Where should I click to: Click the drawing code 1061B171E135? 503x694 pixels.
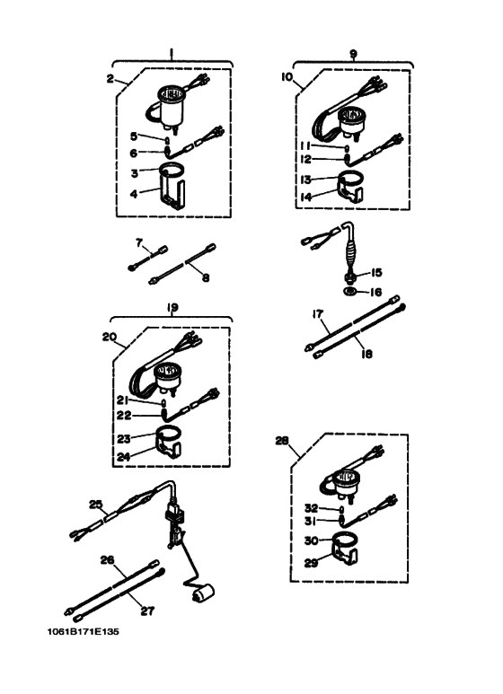click(84, 631)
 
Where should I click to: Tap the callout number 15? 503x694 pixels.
click(376, 272)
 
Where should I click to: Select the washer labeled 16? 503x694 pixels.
click(349, 292)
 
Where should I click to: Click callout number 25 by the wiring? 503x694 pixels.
click(95, 505)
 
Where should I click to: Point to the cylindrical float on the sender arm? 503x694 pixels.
click(202, 593)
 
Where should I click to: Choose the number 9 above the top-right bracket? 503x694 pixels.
click(353, 54)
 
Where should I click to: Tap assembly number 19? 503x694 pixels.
click(172, 307)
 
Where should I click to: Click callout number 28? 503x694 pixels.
click(282, 441)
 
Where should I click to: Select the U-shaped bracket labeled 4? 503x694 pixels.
click(172, 193)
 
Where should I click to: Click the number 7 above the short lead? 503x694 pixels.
click(139, 242)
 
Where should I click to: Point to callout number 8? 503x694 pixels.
click(206, 278)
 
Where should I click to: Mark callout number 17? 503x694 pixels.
click(317, 314)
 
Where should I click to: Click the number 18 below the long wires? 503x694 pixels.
click(366, 354)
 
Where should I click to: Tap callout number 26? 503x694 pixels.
click(107, 560)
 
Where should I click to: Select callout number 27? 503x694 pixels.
click(147, 611)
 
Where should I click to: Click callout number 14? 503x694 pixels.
click(305, 197)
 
